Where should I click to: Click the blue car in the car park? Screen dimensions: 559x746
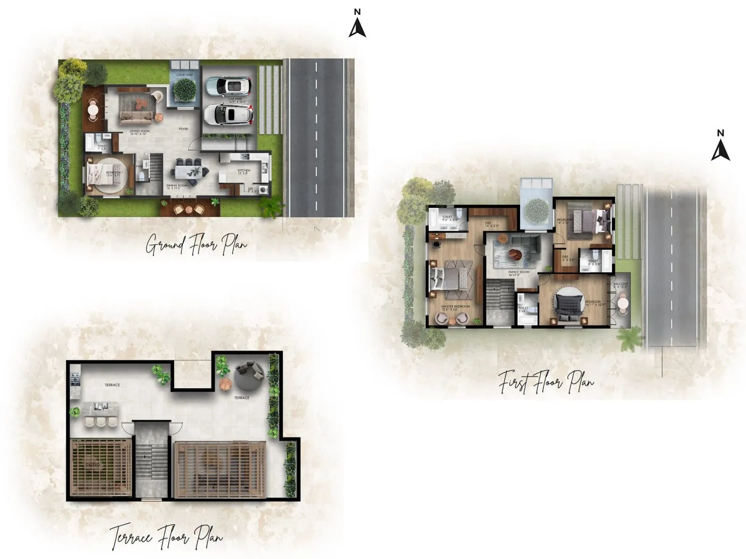tap(228, 85)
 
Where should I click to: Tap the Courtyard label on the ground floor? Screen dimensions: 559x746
tap(185, 75)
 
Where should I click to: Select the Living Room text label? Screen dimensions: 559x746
tap(140, 132)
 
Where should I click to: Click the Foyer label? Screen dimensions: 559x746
tap(183, 129)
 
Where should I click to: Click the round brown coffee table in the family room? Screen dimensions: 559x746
tap(515, 255)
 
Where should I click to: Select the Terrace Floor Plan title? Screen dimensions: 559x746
tap(166, 538)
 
